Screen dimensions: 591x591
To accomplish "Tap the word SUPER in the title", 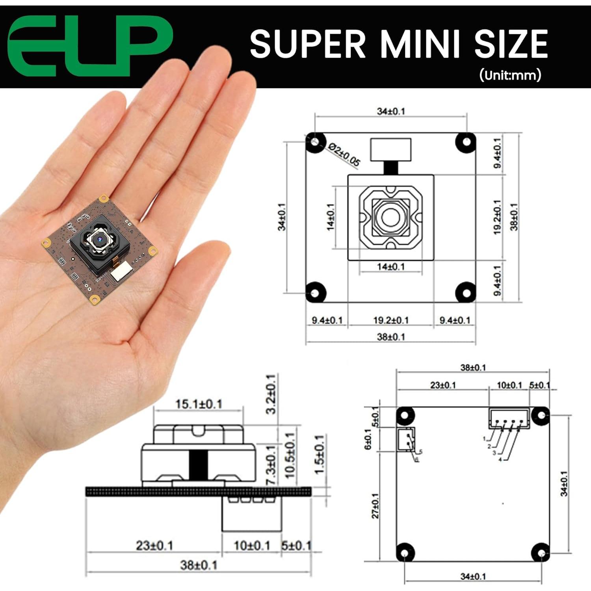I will (x=307, y=44).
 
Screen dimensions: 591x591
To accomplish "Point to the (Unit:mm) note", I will (x=510, y=75).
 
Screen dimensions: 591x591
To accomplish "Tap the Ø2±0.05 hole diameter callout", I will (x=344, y=154).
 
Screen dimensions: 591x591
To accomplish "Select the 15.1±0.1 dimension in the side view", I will (x=199, y=404).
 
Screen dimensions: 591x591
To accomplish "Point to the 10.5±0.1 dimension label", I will (x=290, y=455).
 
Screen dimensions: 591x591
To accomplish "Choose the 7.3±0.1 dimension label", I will (x=271, y=465).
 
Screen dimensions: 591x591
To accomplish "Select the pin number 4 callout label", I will (x=500, y=459).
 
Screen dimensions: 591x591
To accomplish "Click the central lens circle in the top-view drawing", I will (x=390, y=217).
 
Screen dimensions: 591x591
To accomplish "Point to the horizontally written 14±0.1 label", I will (x=390, y=267).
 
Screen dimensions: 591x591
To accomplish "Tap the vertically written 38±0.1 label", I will (x=514, y=217).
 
